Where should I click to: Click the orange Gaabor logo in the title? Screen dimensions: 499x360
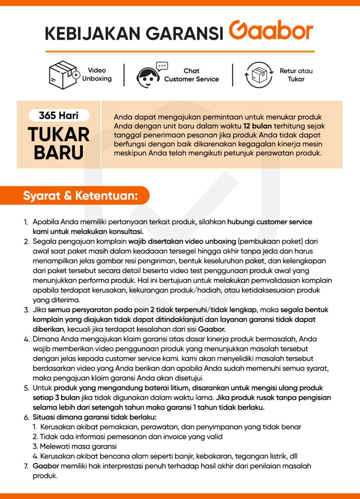click(x=271, y=32)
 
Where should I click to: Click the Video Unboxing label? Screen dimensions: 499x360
click(x=97, y=75)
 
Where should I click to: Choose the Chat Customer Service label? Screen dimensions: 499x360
click(x=191, y=75)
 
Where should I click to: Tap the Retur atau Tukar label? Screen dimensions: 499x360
click(x=296, y=75)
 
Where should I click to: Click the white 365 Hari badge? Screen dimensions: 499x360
click(x=59, y=116)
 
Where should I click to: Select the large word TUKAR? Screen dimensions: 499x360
click(x=59, y=135)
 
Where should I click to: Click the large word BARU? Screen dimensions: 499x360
click(x=59, y=153)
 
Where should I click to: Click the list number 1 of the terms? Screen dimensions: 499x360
click(x=26, y=222)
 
